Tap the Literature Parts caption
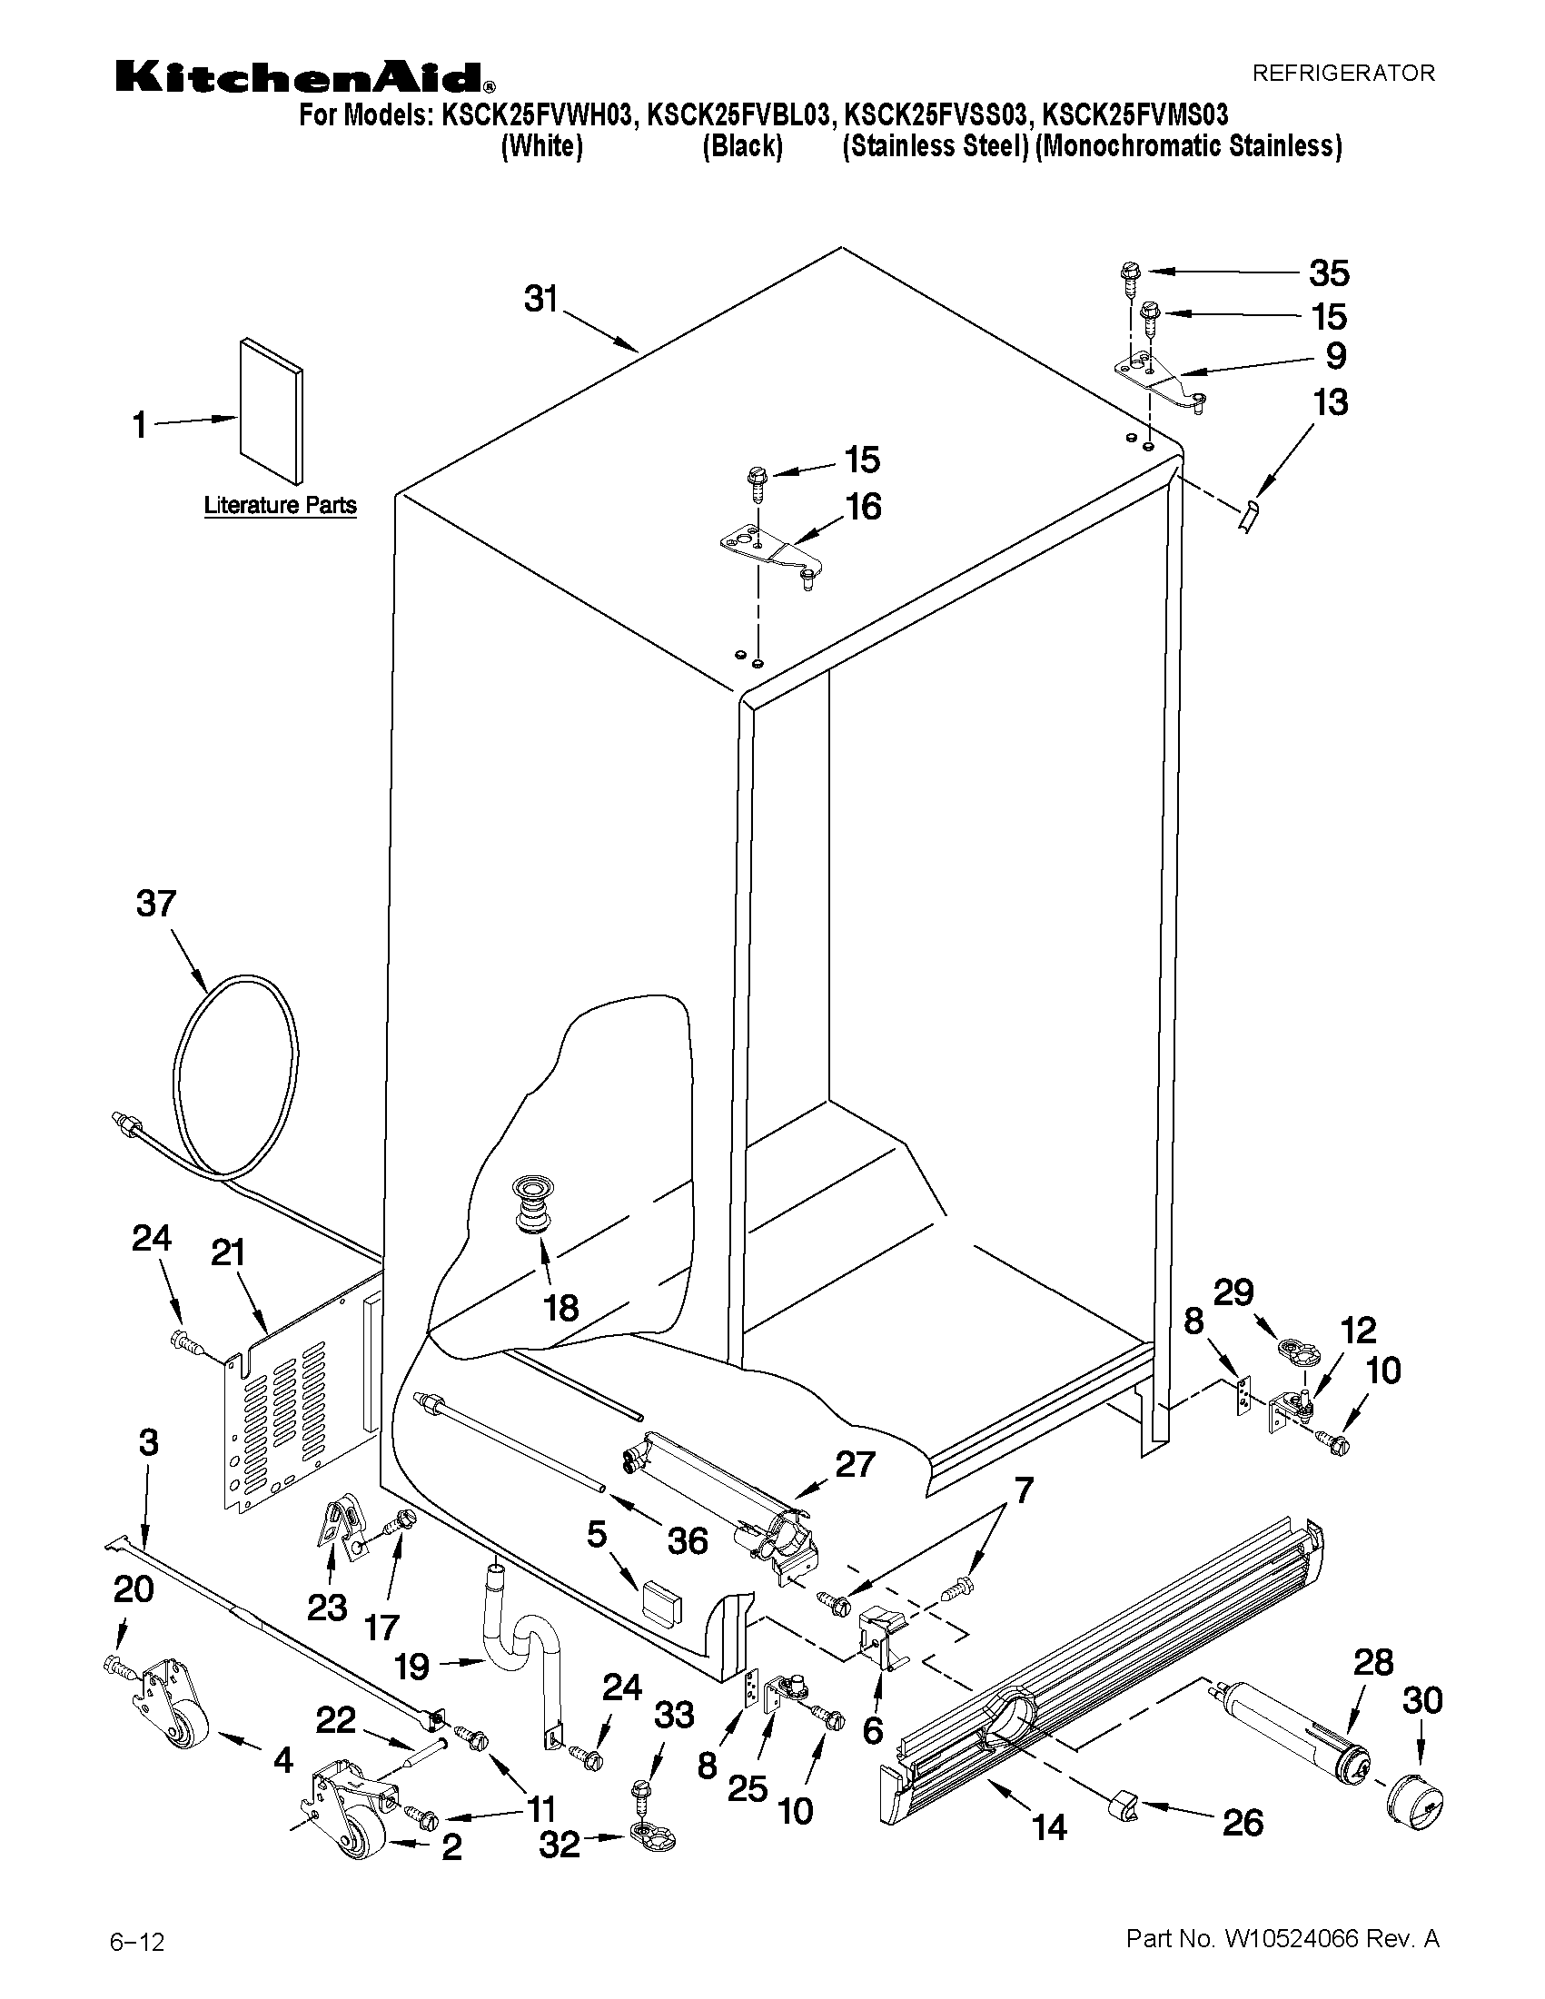pyautogui.click(x=280, y=505)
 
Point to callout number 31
pyautogui.click(x=541, y=300)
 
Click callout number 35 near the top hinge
pyautogui.click(x=1328, y=272)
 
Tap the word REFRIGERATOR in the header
pyautogui.click(x=1342, y=74)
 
